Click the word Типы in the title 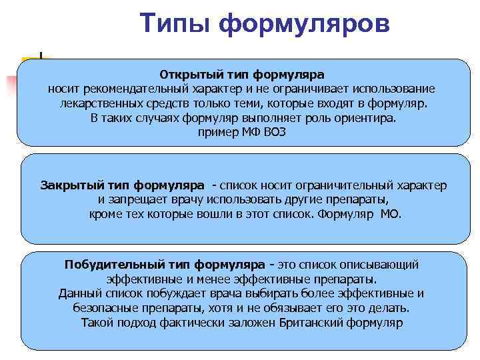[175, 24]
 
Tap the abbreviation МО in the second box [391, 214]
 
